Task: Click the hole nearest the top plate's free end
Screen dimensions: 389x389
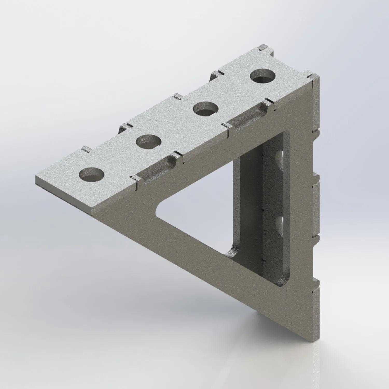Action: pos(92,174)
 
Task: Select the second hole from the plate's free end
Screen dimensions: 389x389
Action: pos(149,141)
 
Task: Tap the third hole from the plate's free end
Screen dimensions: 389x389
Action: pos(206,109)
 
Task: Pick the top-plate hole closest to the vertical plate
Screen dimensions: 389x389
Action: pos(263,76)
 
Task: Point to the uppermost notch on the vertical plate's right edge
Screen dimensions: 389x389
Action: pos(316,132)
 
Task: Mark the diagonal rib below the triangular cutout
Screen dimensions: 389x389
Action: pos(207,259)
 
